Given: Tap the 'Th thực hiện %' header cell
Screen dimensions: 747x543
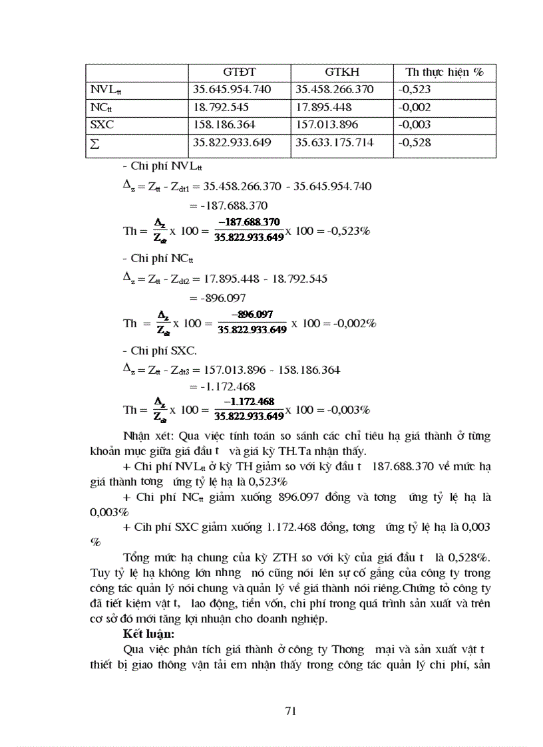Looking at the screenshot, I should pyautogui.click(x=444, y=72).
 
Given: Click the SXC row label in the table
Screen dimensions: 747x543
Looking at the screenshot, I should pyautogui.click(x=102, y=124).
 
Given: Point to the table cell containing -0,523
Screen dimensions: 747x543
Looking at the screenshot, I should pyautogui.click(x=413, y=89).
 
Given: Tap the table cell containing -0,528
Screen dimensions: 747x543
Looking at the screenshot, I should pyautogui.click(x=413, y=142).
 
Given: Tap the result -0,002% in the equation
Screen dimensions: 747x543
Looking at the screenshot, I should pyautogui.click(x=353, y=323).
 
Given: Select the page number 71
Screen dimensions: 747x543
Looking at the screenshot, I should pyautogui.click(x=290, y=711).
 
